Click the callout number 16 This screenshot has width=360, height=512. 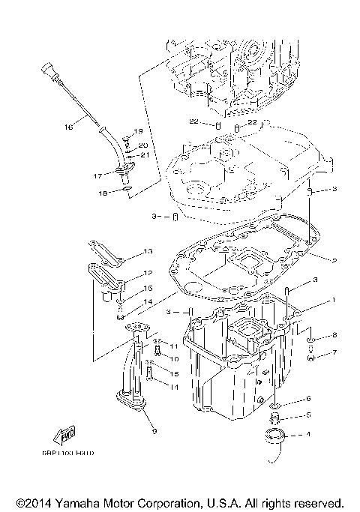pos(68,127)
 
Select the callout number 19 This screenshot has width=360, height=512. pos(138,131)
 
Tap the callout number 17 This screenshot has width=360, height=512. pos(97,176)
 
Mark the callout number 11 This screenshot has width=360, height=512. pos(172,346)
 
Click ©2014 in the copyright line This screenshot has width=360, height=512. pos(31,503)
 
